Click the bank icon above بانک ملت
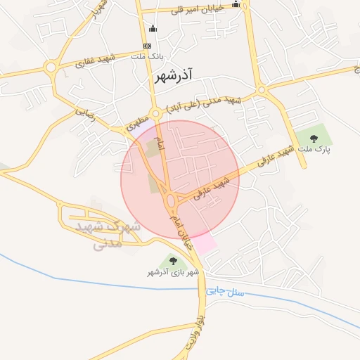point(146,46)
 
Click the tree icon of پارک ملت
point(314,137)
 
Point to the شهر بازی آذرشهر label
point(173,271)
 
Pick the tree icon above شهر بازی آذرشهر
point(173,261)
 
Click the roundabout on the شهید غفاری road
point(51,67)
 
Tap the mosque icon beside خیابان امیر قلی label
point(236,5)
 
